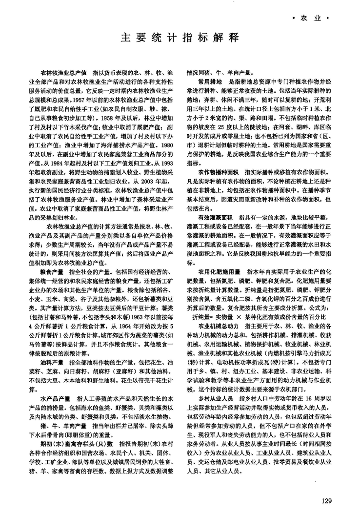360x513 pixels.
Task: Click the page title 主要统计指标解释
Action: pyautogui.click(x=180, y=37)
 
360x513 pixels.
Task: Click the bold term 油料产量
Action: pyautogui.click(x=53, y=363)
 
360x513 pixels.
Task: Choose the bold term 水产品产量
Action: pyautogui.click(x=56, y=399)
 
